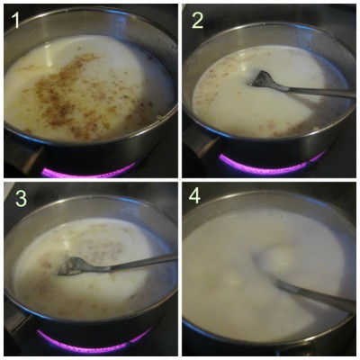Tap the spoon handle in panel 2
point(310,90)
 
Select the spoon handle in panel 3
point(135,261)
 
